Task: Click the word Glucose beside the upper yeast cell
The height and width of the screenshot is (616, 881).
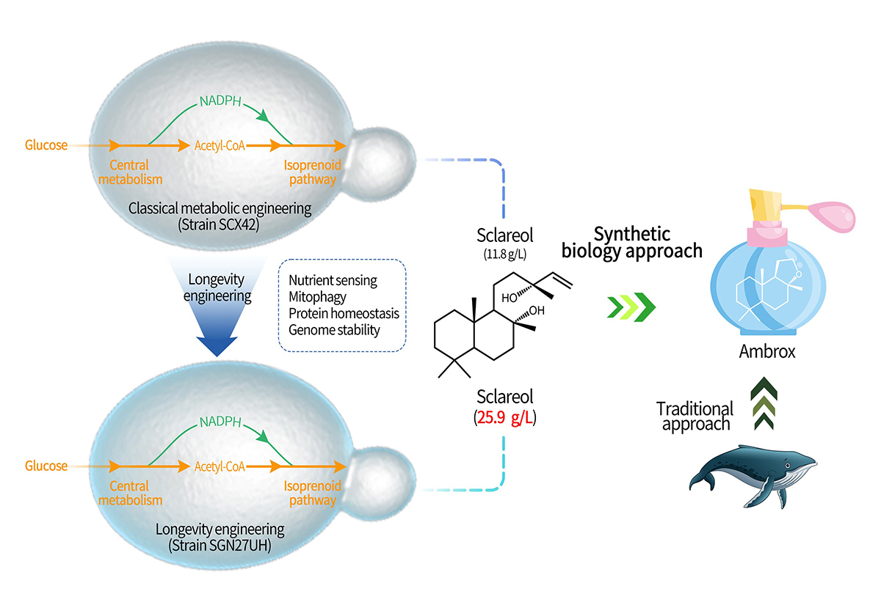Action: pos(46,145)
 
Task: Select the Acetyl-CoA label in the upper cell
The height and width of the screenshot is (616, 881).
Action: pos(220,145)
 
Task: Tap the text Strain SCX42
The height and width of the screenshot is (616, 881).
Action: pos(220,224)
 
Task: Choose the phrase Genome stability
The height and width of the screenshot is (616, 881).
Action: pos(334,330)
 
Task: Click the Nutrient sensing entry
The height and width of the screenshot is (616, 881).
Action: pos(333,281)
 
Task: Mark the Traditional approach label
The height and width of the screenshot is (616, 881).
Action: pos(695,416)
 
